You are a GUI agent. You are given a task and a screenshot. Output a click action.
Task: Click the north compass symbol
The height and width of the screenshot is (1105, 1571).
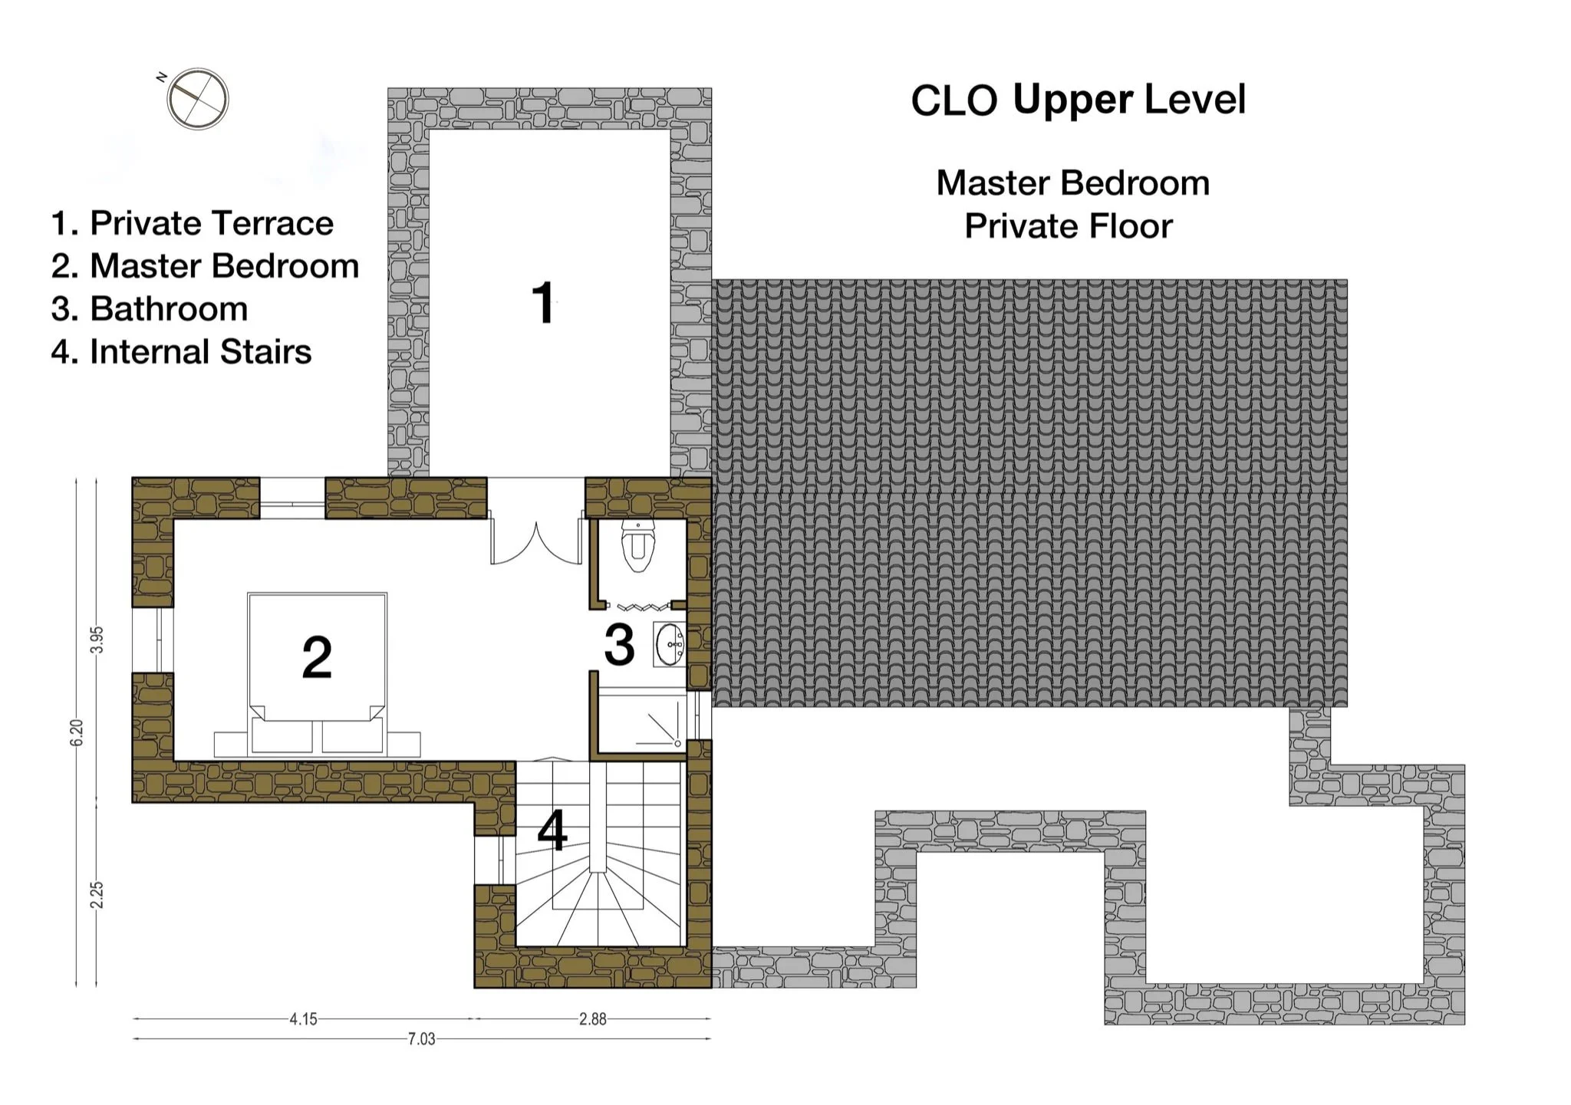(198, 99)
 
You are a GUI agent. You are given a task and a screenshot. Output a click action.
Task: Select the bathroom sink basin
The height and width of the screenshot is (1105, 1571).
(670, 644)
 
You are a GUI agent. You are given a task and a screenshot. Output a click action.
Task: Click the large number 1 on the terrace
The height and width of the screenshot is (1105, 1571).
(544, 304)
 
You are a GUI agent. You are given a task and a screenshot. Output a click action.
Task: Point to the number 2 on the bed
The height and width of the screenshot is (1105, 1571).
(317, 657)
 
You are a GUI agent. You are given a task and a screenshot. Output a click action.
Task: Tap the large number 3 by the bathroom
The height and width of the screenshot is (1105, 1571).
(619, 645)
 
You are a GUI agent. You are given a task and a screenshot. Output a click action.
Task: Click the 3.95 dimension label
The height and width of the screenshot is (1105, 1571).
(97, 640)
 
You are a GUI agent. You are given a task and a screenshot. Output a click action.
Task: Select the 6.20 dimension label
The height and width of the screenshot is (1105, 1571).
(76, 732)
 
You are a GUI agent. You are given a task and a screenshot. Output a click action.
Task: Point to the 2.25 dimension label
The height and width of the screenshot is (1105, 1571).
(97, 895)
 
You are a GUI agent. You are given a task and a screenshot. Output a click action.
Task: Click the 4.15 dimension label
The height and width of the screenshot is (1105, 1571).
(303, 1019)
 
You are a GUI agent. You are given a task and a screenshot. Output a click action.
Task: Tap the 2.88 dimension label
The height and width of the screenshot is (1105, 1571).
(592, 1019)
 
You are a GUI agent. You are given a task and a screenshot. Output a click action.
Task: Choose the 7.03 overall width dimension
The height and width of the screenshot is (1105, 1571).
(421, 1039)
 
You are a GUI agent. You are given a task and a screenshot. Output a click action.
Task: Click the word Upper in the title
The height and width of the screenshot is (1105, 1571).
(1072, 100)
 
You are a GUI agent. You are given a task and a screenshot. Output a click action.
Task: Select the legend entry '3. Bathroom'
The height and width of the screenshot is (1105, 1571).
(150, 309)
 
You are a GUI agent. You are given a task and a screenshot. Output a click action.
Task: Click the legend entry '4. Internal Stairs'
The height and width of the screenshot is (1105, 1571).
(181, 352)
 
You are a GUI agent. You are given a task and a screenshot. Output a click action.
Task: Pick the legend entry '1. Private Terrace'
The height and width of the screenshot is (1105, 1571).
(192, 223)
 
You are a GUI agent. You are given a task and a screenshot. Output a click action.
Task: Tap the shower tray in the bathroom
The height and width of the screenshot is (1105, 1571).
(641, 722)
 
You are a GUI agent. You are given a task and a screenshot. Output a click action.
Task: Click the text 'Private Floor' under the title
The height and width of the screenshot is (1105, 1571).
(1068, 226)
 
